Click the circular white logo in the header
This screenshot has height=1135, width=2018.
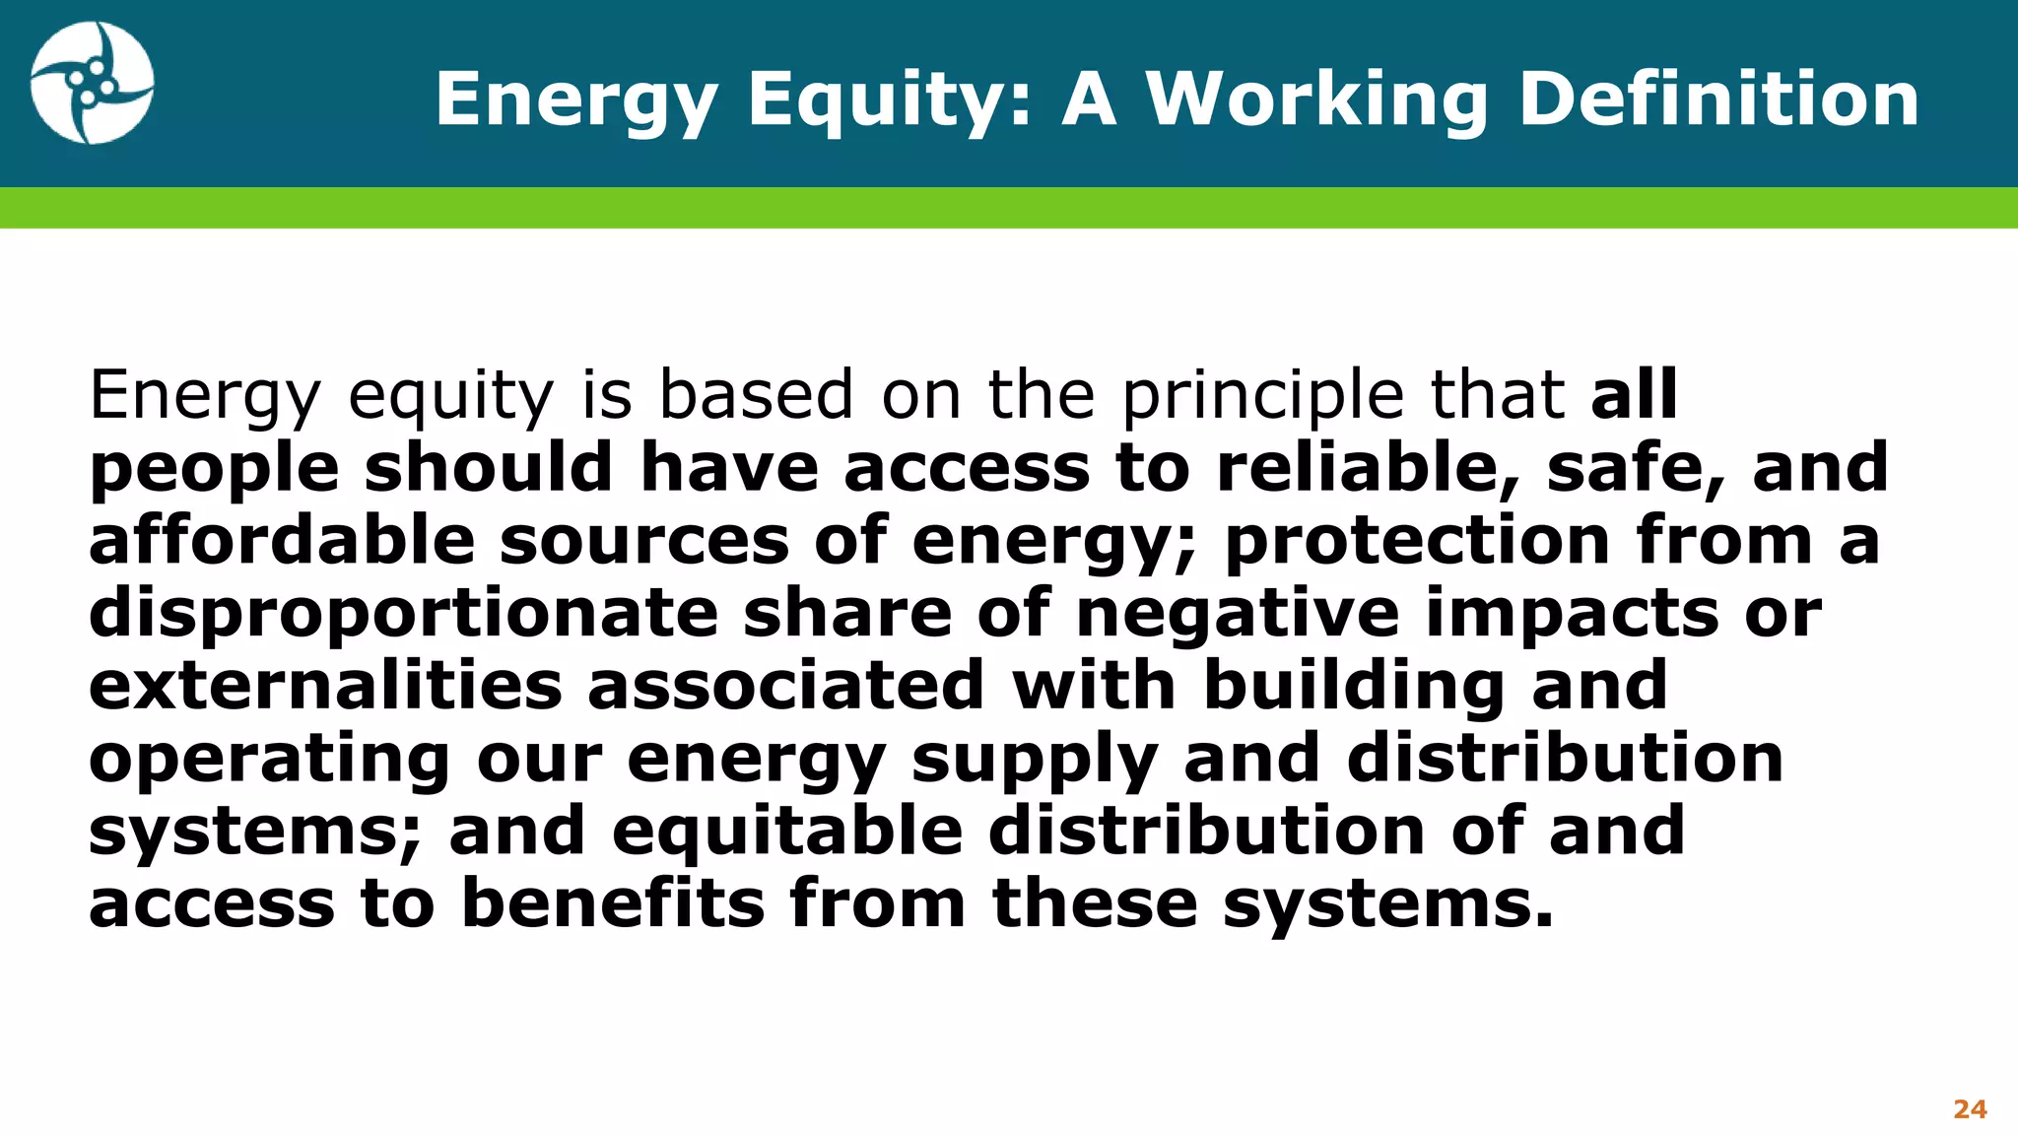[92, 84]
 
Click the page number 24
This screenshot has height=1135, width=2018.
[1970, 1109]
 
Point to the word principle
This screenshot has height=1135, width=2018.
[1262, 396]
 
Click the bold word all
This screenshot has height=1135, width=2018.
[1633, 394]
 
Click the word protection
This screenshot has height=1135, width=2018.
[1417, 540]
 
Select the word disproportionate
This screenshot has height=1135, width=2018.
[404, 613]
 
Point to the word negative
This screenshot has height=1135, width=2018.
[1237, 613]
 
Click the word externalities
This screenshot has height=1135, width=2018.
[325, 686]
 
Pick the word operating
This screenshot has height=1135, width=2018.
[269, 759]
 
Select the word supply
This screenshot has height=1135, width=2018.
[1034, 759]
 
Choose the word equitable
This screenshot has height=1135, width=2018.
[787, 832]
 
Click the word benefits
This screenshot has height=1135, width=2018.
[613, 904]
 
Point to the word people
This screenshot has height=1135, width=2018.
[214, 469]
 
